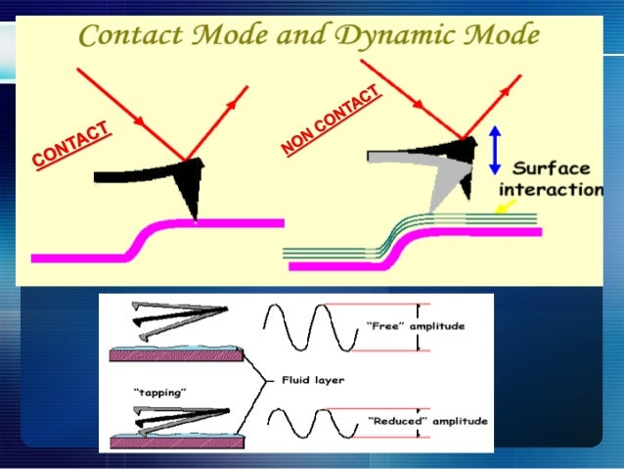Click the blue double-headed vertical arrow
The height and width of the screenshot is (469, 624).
[x=496, y=149]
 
